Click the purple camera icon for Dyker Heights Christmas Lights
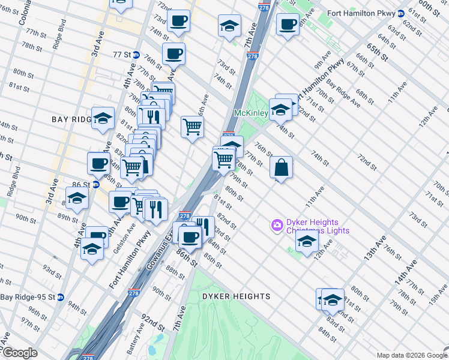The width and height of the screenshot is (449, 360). (x=277, y=226)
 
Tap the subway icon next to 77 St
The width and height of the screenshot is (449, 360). (x=136, y=55)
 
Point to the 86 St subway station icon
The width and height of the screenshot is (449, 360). (x=96, y=185)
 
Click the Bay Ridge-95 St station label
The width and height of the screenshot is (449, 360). (x=28, y=297)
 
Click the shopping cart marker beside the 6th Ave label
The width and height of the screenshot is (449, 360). (x=192, y=127)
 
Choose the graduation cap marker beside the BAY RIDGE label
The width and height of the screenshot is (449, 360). (x=103, y=118)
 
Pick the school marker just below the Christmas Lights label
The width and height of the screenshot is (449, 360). (x=307, y=242)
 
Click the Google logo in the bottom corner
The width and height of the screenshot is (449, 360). (x=19, y=353)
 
